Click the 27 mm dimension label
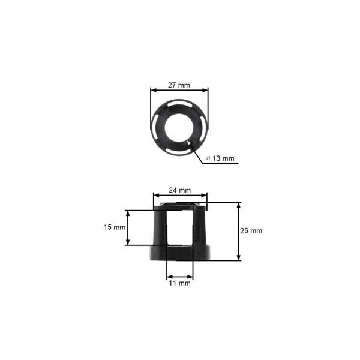coord(179,85)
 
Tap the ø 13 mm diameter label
coord(220,158)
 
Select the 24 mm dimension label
coord(180,190)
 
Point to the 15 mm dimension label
coord(115,227)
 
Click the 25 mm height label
coord(251,231)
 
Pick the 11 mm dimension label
coord(180,283)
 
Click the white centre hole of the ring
coord(179,128)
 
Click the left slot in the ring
coord(155,127)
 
